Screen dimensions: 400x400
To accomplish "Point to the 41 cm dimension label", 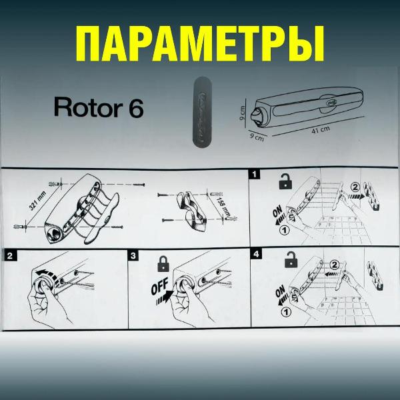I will click(x=321, y=131).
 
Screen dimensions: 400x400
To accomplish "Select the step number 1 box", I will click(x=254, y=175).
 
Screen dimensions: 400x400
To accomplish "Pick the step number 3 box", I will click(x=133, y=255).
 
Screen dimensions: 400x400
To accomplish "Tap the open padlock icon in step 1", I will click(x=285, y=181).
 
